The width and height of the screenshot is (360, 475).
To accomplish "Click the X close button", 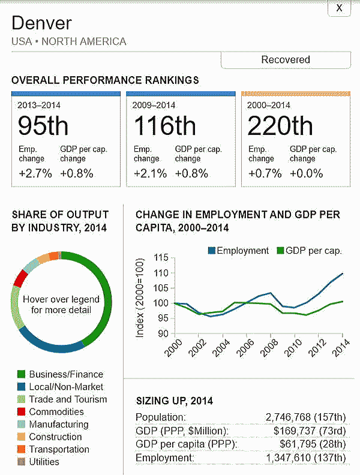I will pos(339,8).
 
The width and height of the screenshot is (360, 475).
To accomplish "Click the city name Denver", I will pos(41,23).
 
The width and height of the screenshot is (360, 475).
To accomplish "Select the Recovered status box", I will pos(286,60).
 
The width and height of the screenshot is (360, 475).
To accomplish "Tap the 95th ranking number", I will pos(43,126).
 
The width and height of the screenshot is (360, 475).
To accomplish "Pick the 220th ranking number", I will pos(280,126).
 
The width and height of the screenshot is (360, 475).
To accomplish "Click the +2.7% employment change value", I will pos(34,173).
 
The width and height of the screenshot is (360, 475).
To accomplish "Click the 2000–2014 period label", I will pos(269,105).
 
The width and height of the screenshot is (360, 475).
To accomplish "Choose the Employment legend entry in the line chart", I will pos(238,251).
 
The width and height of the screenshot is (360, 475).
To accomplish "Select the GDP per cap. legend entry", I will pos(308,251).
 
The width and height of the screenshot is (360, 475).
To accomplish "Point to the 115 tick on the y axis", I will pos(160,258).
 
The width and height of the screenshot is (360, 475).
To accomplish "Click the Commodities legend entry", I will pos(56,412).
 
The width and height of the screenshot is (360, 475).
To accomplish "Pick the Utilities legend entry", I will pos(44,462).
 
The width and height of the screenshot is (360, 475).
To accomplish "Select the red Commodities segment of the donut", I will pos(20,278).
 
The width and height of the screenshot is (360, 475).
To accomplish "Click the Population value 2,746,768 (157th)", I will pos(305,417).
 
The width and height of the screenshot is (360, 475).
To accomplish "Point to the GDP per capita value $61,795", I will pos(313,444).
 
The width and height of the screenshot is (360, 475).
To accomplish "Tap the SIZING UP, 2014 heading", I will pos(174,401).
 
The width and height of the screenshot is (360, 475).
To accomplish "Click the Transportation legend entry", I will pos(58,449).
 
